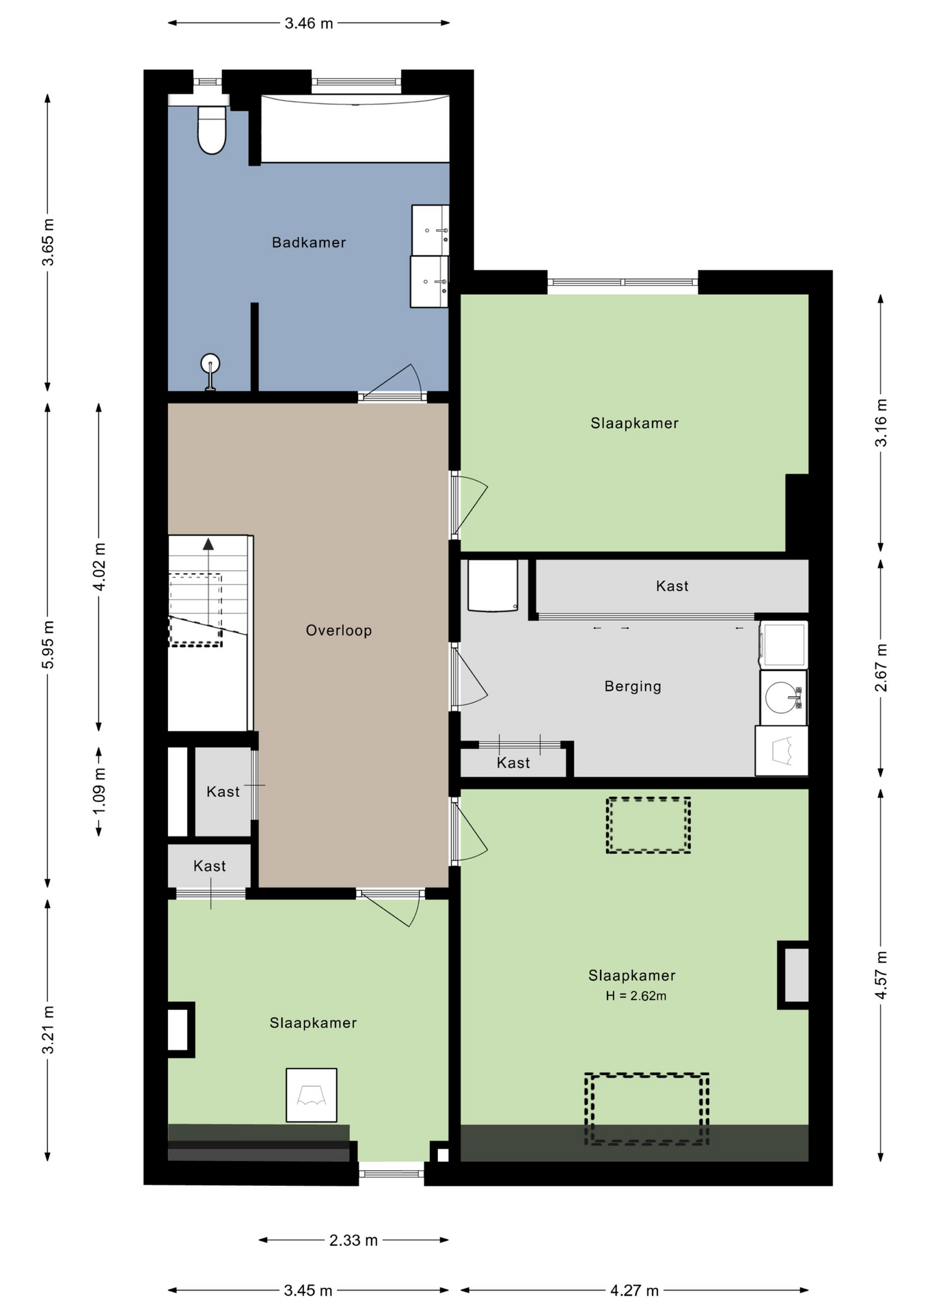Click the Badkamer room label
click(x=309, y=242)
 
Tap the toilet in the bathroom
click(x=212, y=129)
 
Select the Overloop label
click(x=339, y=631)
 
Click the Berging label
click(x=633, y=686)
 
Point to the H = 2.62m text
click(x=636, y=996)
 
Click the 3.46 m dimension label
click(x=309, y=23)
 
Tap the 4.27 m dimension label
click(x=635, y=1290)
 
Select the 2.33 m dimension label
click(x=353, y=1241)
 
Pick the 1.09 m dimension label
click(x=99, y=791)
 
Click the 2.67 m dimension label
click(x=882, y=667)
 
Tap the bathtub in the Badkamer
click(x=355, y=129)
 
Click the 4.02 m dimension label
click(x=99, y=567)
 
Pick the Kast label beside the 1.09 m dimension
click(x=223, y=792)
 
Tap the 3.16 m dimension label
click(x=882, y=423)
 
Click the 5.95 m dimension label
click(x=48, y=646)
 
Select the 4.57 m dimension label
click(x=882, y=975)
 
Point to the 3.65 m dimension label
click(x=48, y=242)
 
